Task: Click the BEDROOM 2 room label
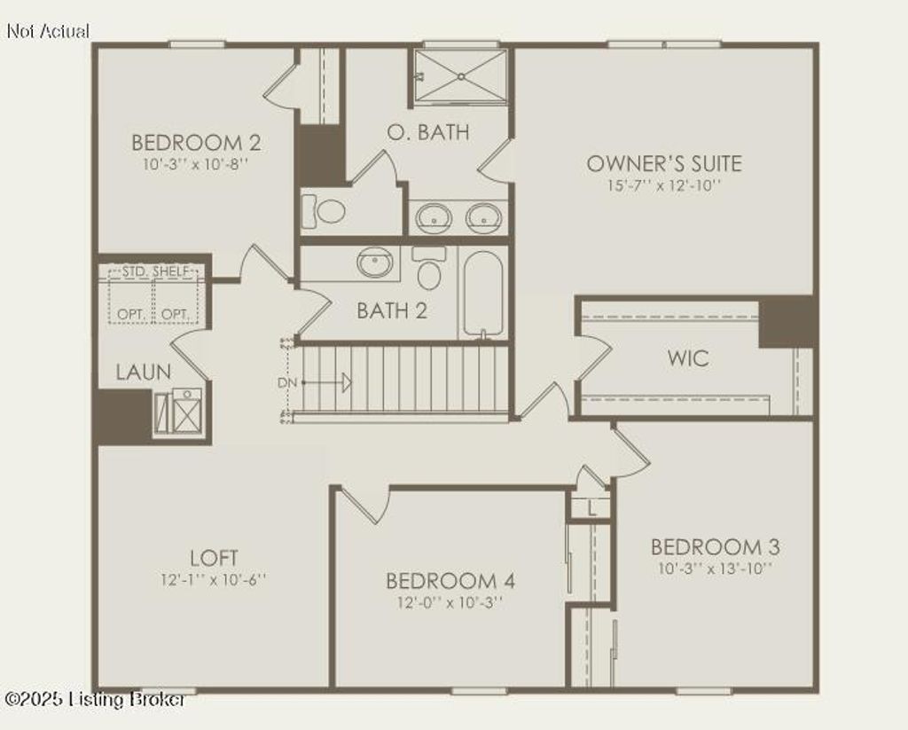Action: [196, 143]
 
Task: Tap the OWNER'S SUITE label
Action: [664, 164]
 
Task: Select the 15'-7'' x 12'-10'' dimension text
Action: [664, 186]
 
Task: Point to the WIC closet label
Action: [688, 359]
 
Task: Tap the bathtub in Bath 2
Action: [482, 294]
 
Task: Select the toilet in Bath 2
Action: [429, 269]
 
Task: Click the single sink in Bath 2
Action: [376, 263]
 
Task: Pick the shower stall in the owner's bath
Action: [461, 76]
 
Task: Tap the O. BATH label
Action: [428, 133]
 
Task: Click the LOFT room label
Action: [214, 558]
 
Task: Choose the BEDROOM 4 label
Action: [450, 581]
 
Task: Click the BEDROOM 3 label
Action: [715, 546]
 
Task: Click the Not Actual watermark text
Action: [48, 31]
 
